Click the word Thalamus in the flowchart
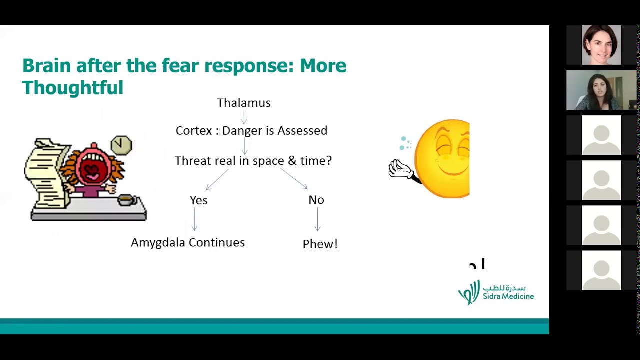coord(244,103)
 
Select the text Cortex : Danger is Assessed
coord(251,131)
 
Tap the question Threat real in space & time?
coord(253,161)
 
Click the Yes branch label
coord(199,200)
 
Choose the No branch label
coord(316,200)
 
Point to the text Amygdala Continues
coord(188,243)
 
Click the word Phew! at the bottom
coord(320,244)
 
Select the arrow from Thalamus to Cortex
coord(244,117)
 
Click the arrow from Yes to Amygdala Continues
coord(194,219)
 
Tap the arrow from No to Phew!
coord(317,219)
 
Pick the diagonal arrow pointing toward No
coord(293,178)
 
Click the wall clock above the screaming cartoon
coord(121,145)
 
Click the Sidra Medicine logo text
coord(508,296)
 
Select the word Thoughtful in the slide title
coord(73,87)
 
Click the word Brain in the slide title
coord(47,65)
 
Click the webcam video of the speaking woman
coord(601,90)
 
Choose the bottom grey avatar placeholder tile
coord(601,270)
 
